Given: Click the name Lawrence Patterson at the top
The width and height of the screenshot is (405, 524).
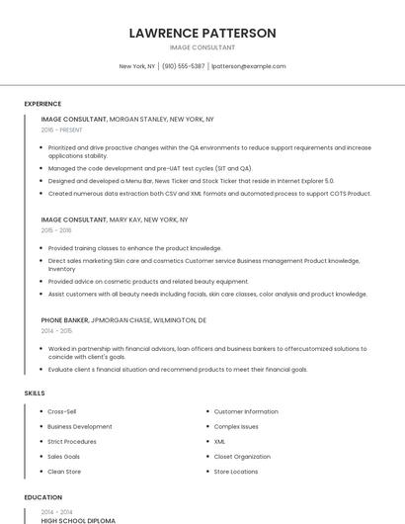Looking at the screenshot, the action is click(202, 33).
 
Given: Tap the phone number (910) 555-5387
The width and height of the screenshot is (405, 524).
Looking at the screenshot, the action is click(184, 66).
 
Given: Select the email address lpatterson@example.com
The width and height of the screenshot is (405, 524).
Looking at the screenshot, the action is click(249, 66).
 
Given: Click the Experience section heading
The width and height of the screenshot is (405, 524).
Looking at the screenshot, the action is click(42, 104).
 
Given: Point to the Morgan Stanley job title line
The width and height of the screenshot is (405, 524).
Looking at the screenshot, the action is click(127, 119).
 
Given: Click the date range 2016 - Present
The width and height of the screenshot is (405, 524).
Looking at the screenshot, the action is click(61, 130).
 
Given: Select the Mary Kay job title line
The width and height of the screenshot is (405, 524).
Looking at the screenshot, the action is click(115, 219).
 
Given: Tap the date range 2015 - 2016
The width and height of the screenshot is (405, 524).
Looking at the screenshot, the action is click(56, 230).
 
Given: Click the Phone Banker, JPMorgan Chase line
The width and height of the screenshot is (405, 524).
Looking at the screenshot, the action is click(123, 320).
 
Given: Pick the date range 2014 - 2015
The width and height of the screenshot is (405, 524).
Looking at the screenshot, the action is click(56, 331).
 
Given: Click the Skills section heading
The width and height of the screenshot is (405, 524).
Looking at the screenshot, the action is click(35, 393).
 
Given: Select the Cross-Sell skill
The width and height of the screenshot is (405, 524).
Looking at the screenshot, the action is click(62, 411).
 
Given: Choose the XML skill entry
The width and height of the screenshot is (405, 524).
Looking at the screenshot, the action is click(220, 442).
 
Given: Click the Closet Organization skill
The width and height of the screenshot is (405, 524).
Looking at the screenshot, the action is click(242, 457).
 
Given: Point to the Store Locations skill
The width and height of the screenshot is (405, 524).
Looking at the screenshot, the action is click(236, 472).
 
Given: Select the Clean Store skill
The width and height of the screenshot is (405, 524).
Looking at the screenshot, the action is click(65, 472).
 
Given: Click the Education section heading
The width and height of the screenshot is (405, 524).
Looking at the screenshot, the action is click(43, 497).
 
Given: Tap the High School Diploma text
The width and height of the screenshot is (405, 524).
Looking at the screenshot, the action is click(78, 520).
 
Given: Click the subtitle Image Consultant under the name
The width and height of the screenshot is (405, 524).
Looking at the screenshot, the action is click(202, 47).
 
